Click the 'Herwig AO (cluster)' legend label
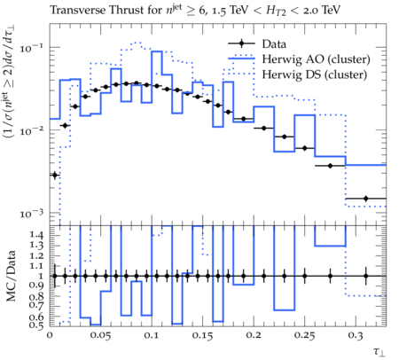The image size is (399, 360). point(316,59)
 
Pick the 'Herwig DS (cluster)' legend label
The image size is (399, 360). point(314,74)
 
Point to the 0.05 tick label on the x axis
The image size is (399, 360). point(100,336)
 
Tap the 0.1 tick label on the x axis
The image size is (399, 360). point(152,336)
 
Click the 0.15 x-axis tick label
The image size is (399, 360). point(202,336)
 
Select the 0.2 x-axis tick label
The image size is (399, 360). point(254,336)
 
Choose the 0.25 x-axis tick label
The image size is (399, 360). point(304,336)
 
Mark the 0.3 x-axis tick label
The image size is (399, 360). point(356,336)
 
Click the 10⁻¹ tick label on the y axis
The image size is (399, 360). point(31,48)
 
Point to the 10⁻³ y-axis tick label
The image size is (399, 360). point(31,214)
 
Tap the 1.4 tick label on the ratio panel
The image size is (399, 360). point(36,235)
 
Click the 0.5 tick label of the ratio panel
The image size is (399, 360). point(36,325)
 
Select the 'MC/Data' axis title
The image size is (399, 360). point(11,276)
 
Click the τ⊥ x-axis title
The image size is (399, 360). point(379,352)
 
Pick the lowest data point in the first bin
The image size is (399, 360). point(54,175)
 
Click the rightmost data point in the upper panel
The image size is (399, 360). point(366,199)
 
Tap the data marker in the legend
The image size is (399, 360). point(241,43)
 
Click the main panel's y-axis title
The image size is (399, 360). point(10,82)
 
